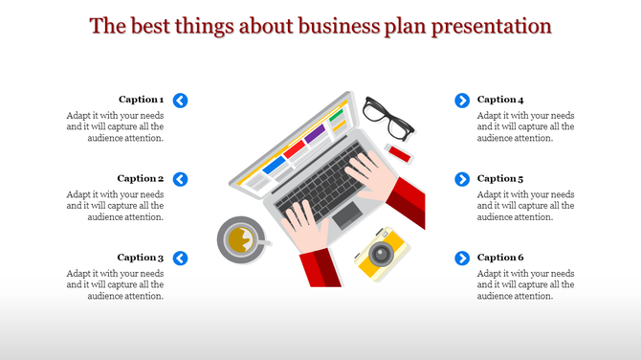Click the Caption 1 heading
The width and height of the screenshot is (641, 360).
[141, 100]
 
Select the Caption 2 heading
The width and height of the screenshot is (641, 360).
[141, 178]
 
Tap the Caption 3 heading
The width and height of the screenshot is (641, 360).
[141, 258]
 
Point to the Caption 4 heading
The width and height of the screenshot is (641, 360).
[500, 100]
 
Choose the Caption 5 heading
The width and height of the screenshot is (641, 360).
[500, 178]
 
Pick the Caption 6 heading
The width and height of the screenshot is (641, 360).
[500, 258]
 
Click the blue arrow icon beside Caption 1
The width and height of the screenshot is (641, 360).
[181, 100]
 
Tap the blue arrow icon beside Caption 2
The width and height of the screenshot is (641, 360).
[181, 179]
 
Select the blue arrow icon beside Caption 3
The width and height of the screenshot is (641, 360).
[181, 258]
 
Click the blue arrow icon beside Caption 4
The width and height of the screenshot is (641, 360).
[462, 100]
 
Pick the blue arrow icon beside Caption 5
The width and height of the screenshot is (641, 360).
[462, 179]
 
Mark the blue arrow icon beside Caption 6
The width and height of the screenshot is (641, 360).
[462, 258]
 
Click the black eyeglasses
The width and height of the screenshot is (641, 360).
[387, 117]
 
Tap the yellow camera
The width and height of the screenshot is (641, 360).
[382, 254]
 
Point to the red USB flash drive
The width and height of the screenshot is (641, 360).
[399, 153]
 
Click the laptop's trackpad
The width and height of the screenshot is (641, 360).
[346, 215]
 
